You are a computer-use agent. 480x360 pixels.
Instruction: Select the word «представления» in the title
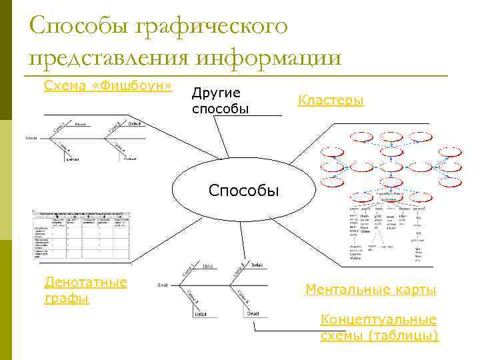tap(108, 58)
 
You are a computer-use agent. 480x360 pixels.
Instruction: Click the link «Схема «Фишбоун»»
tap(107, 86)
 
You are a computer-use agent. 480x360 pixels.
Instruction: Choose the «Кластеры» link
tap(331, 101)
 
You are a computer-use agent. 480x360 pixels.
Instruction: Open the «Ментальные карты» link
tap(371, 289)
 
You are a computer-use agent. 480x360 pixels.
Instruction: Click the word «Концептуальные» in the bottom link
tap(379, 319)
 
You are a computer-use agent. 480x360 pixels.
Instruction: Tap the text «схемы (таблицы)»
tap(379, 335)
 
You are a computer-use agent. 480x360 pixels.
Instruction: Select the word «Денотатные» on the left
tap(85, 282)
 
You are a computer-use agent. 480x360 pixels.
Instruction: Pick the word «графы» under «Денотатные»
tap(66, 298)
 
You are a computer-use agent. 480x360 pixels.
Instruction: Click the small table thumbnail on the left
tap(81, 235)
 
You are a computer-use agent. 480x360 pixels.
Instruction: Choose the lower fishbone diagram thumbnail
tap(214, 287)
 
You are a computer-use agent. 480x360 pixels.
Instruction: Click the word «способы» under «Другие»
tap(220, 108)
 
